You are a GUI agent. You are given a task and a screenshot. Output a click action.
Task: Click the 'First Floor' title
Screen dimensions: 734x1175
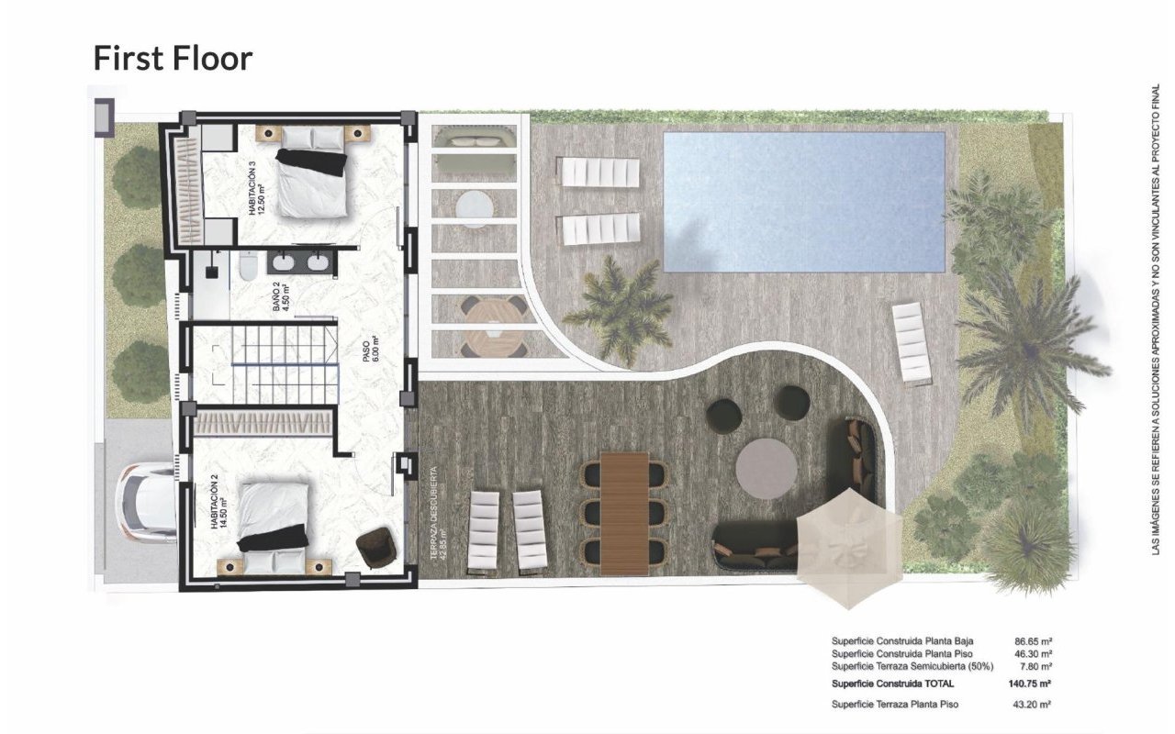[x=173, y=58]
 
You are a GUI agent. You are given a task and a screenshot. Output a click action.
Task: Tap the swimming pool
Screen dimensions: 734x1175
[x=803, y=202]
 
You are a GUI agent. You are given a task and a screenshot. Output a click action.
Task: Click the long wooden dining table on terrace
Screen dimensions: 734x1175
[x=624, y=513]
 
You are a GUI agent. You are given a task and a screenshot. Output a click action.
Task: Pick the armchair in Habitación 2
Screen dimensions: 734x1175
[x=376, y=548]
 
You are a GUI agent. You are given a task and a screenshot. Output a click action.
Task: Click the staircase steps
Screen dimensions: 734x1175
[x=283, y=363]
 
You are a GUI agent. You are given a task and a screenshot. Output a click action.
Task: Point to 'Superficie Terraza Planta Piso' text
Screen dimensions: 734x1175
[x=894, y=704]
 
